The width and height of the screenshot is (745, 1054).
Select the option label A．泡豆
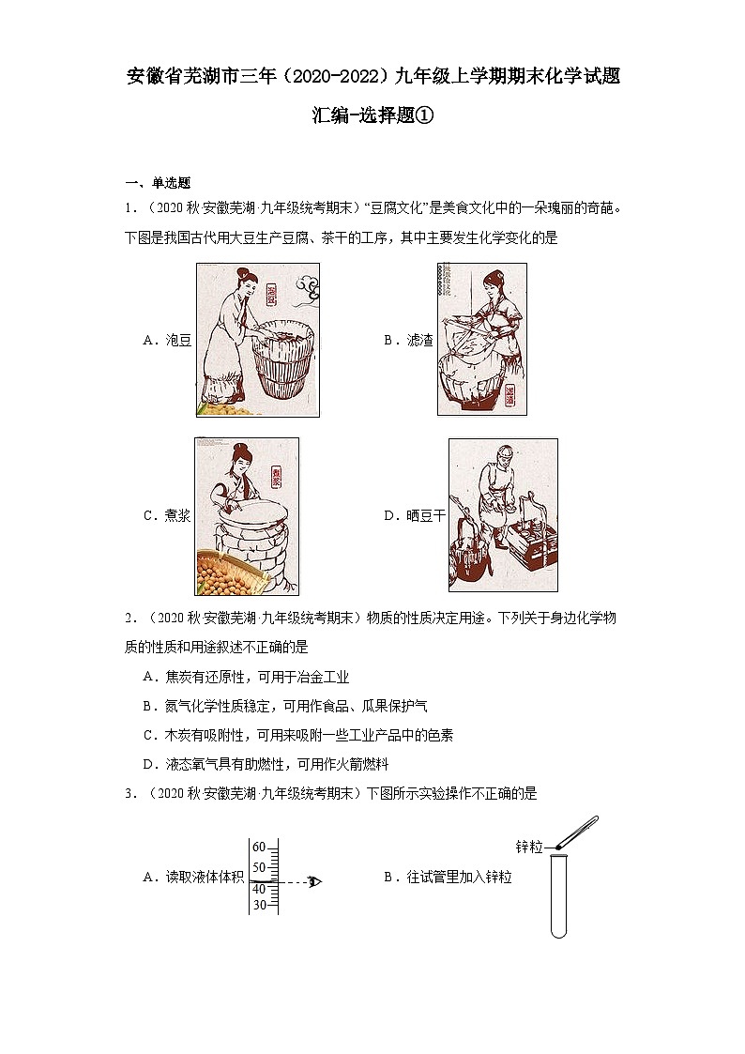click(167, 341)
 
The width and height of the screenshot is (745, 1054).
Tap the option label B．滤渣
click(408, 341)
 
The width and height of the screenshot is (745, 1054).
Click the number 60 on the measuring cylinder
click(259, 847)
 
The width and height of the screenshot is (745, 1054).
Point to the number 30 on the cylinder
click(259, 905)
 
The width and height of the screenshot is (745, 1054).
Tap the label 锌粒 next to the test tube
click(529, 847)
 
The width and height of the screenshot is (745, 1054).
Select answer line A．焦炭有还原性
click(246, 677)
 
